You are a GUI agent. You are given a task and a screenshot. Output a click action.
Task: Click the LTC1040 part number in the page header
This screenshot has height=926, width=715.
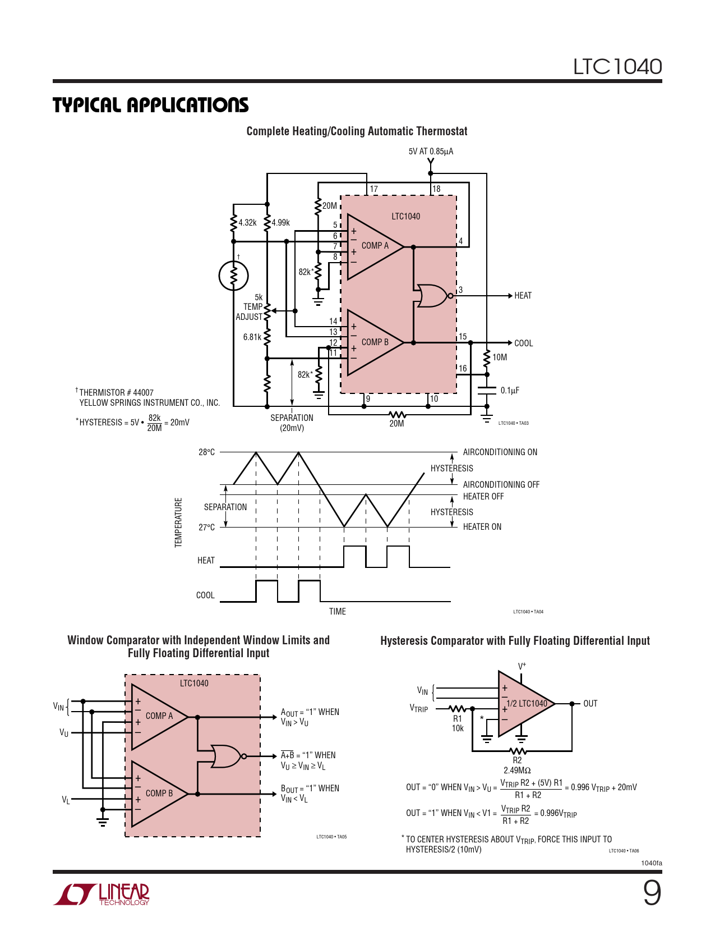pos(617,66)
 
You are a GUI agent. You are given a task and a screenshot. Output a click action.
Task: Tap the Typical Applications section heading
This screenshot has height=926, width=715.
pos(150,105)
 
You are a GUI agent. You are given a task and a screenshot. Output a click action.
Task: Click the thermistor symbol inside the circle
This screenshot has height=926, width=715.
pos(233,276)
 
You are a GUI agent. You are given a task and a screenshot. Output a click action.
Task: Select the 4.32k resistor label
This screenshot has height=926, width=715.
pos(247,222)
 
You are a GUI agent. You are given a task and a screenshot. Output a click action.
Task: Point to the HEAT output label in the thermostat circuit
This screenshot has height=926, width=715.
pos(523,295)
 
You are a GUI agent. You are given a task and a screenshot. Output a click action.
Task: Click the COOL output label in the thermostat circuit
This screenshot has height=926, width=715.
pos(523,343)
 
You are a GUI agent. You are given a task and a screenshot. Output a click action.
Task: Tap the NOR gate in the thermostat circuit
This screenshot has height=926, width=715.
pos(433,295)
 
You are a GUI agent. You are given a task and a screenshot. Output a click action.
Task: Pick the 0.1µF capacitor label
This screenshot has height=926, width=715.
pos(510,391)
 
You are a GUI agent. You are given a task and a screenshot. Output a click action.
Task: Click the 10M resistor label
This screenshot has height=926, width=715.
pos(500,357)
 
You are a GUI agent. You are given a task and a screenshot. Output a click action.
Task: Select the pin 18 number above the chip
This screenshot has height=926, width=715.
pos(436,189)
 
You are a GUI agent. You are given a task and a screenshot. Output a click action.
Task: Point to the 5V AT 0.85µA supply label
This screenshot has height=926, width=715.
pos(431,152)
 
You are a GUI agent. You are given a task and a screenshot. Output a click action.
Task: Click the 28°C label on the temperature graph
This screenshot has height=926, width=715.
pos(206,452)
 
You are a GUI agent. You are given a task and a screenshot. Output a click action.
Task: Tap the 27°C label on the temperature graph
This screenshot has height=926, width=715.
pos(206,527)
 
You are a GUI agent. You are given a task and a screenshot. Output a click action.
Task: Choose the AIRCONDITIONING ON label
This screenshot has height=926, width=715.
pos(500,452)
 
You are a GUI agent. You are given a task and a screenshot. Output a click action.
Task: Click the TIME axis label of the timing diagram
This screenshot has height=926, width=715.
pos(337,611)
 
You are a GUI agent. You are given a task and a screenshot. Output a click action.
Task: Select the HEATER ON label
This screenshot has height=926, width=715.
pos(482,526)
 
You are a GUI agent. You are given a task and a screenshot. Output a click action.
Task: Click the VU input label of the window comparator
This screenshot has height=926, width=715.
pos(64,732)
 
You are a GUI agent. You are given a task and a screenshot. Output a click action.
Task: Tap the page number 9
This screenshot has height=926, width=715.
pos(652,893)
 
